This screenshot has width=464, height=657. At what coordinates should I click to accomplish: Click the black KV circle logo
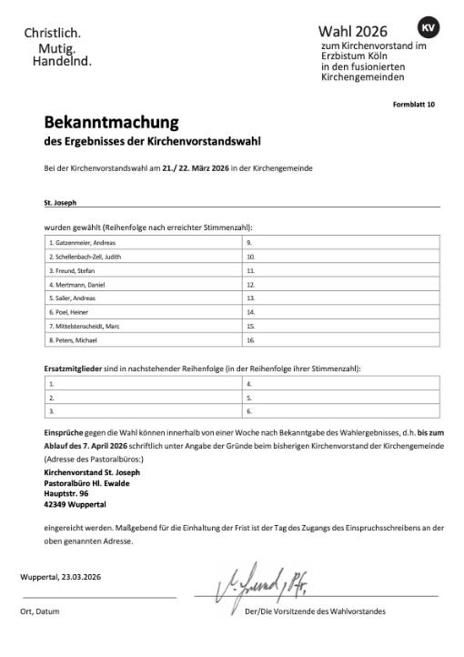[428, 27]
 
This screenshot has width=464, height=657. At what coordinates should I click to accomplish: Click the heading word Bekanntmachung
[111, 123]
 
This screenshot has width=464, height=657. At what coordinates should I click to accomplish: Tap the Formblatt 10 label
[414, 104]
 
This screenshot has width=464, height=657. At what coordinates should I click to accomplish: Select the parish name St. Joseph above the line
[60, 202]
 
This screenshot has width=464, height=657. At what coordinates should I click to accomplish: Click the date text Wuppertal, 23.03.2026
[64, 577]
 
